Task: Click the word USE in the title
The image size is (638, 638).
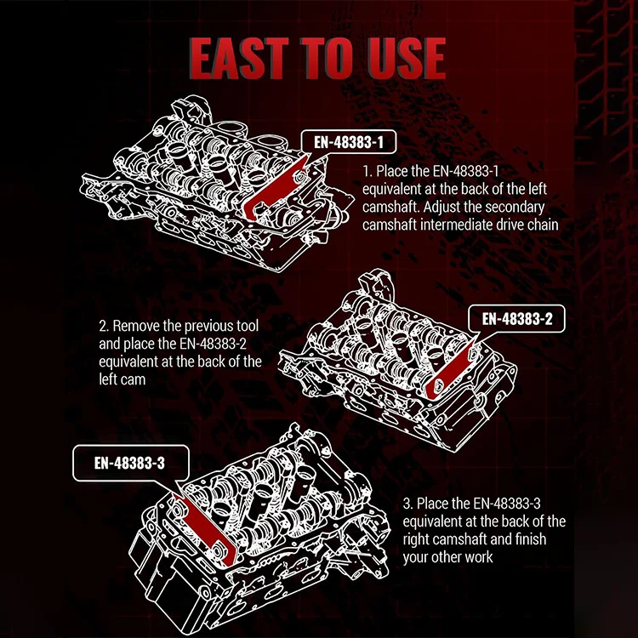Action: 402,57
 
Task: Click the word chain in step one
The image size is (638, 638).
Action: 539,225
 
